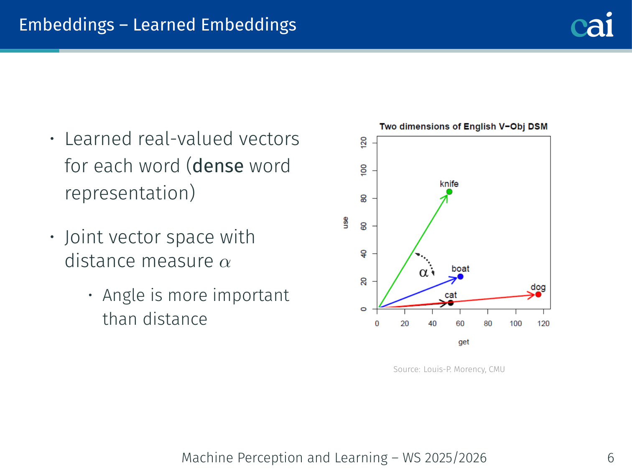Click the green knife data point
pos(449,192)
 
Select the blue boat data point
pos(460,277)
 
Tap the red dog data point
pos(538,294)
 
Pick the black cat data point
pos(451,303)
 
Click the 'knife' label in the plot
pos(449,183)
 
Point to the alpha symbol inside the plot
pos(423,273)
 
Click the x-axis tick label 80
pos(488,324)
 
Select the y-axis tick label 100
pos(364,171)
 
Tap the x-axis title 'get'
pos(464,342)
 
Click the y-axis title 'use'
pos(346,223)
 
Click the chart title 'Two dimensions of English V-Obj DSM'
pos(463,127)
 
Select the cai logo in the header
pos(592,25)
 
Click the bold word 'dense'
pos(218,166)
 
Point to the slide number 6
pos(611,458)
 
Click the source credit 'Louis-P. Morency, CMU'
pos(464,369)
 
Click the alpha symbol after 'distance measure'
pos(225,262)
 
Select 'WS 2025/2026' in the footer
pos(445,458)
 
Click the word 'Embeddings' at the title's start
pos(67,25)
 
